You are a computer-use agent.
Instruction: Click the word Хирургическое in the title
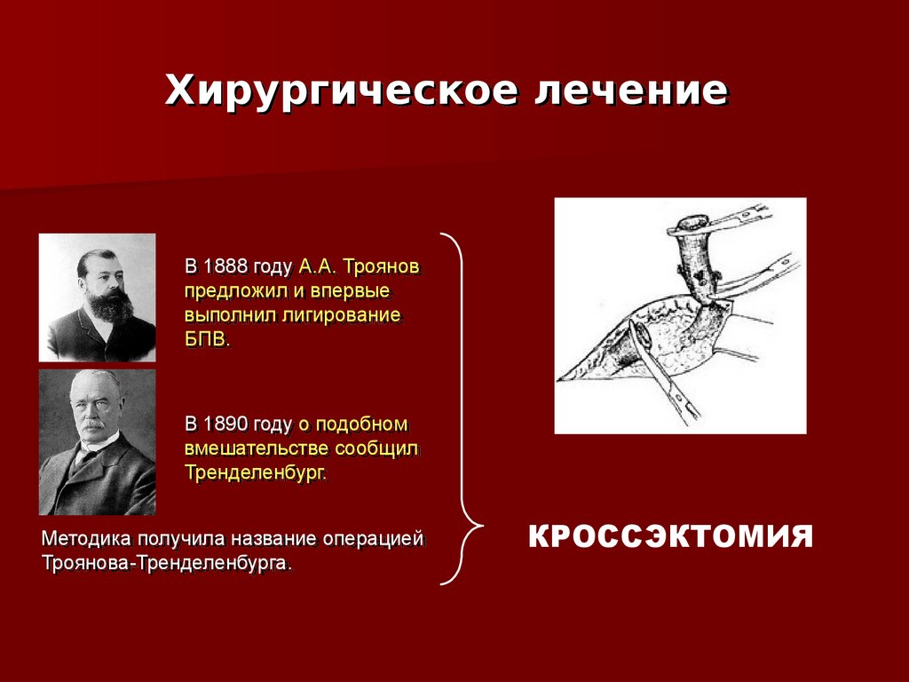coord(341,90)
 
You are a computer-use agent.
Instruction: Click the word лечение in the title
coord(631,90)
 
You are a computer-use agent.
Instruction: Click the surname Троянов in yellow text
coord(382,266)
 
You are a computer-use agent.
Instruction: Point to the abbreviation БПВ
coord(207,339)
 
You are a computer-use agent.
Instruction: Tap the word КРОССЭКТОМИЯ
coord(670,536)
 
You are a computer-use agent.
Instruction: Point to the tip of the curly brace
coord(483,526)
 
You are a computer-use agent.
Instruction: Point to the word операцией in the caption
coord(374,539)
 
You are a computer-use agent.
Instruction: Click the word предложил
coord(236,290)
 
